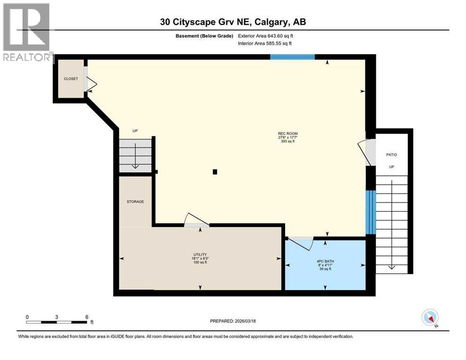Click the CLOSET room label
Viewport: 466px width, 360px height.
point(71,79)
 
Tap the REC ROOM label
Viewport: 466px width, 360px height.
point(287,134)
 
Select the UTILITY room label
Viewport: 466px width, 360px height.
point(200,254)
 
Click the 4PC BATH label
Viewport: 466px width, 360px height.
point(324,261)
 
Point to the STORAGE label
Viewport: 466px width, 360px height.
point(135,202)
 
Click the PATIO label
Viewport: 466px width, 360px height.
point(391,154)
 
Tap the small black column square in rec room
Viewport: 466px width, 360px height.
point(215,172)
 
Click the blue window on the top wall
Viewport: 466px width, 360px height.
point(292,57)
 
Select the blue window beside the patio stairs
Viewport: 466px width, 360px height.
point(370,212)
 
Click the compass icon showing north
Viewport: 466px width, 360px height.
point(430,317)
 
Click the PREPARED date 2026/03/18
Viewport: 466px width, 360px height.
point(233,321)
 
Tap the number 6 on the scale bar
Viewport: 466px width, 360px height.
point(87,317)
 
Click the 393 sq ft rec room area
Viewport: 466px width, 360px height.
point(287,142)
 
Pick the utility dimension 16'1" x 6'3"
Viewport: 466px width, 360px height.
point(200,258)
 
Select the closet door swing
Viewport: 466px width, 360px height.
point(90,84)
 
